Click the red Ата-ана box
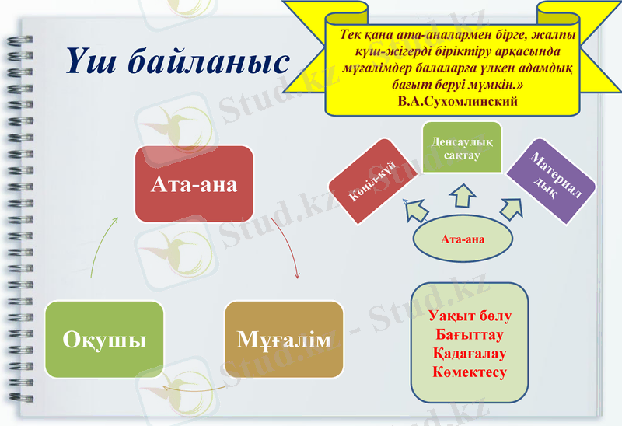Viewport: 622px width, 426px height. point(194,183)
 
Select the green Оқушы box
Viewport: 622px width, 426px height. point(104,340)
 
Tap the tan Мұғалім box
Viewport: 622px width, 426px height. point(284,340)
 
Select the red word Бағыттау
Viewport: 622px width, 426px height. point(470,335)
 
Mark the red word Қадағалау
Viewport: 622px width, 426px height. point(470,354)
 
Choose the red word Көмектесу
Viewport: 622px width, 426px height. point(470,372)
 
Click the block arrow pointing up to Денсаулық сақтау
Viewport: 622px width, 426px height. point(462,195)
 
